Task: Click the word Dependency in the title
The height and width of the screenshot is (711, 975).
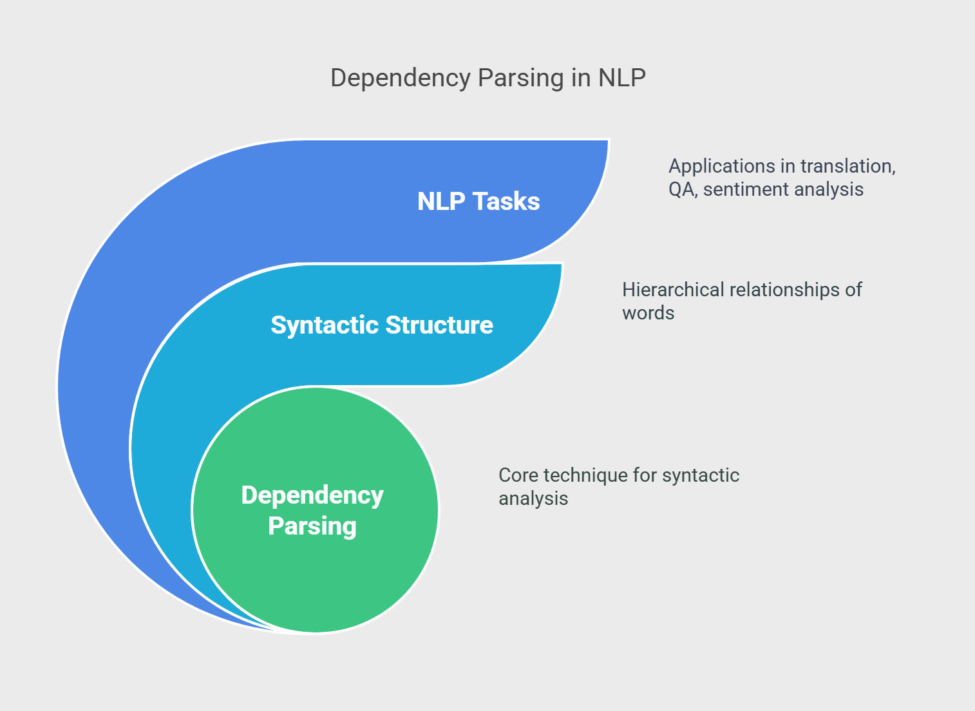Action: click(x=401, y=79)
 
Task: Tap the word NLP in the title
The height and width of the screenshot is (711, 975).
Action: click(x=622, y=78)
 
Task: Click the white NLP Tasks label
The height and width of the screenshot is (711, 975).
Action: click(x=478, y=201)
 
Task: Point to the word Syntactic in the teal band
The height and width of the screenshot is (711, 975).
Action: click(x=325, y=325)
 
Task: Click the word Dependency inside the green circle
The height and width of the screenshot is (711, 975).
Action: click(x=312, y=496)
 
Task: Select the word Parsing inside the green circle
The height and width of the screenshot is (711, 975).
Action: click(x=312, y=526)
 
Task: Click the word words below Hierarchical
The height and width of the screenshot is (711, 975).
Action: click(x=648, y=313)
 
